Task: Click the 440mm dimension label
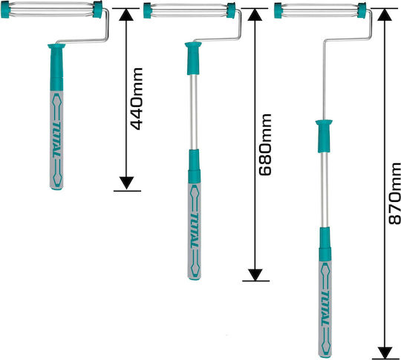137,99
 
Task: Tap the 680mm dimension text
265,145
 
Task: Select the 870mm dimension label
394,194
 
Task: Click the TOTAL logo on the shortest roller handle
56,140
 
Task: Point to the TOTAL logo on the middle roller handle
195,230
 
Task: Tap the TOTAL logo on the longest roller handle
326,308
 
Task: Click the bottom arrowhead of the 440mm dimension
126,183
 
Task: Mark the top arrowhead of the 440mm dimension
126,15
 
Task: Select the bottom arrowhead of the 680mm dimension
255,275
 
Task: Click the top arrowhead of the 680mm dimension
255,15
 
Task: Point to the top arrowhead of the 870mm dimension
385,15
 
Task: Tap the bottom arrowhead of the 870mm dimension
385,353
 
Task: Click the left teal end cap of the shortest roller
5,10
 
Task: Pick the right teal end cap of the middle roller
231,10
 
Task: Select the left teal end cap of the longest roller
278,10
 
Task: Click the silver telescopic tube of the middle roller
194,112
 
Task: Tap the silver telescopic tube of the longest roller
325,189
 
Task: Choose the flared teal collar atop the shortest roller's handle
56,46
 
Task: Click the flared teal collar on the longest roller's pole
324,122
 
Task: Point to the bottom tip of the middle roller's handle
195,279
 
